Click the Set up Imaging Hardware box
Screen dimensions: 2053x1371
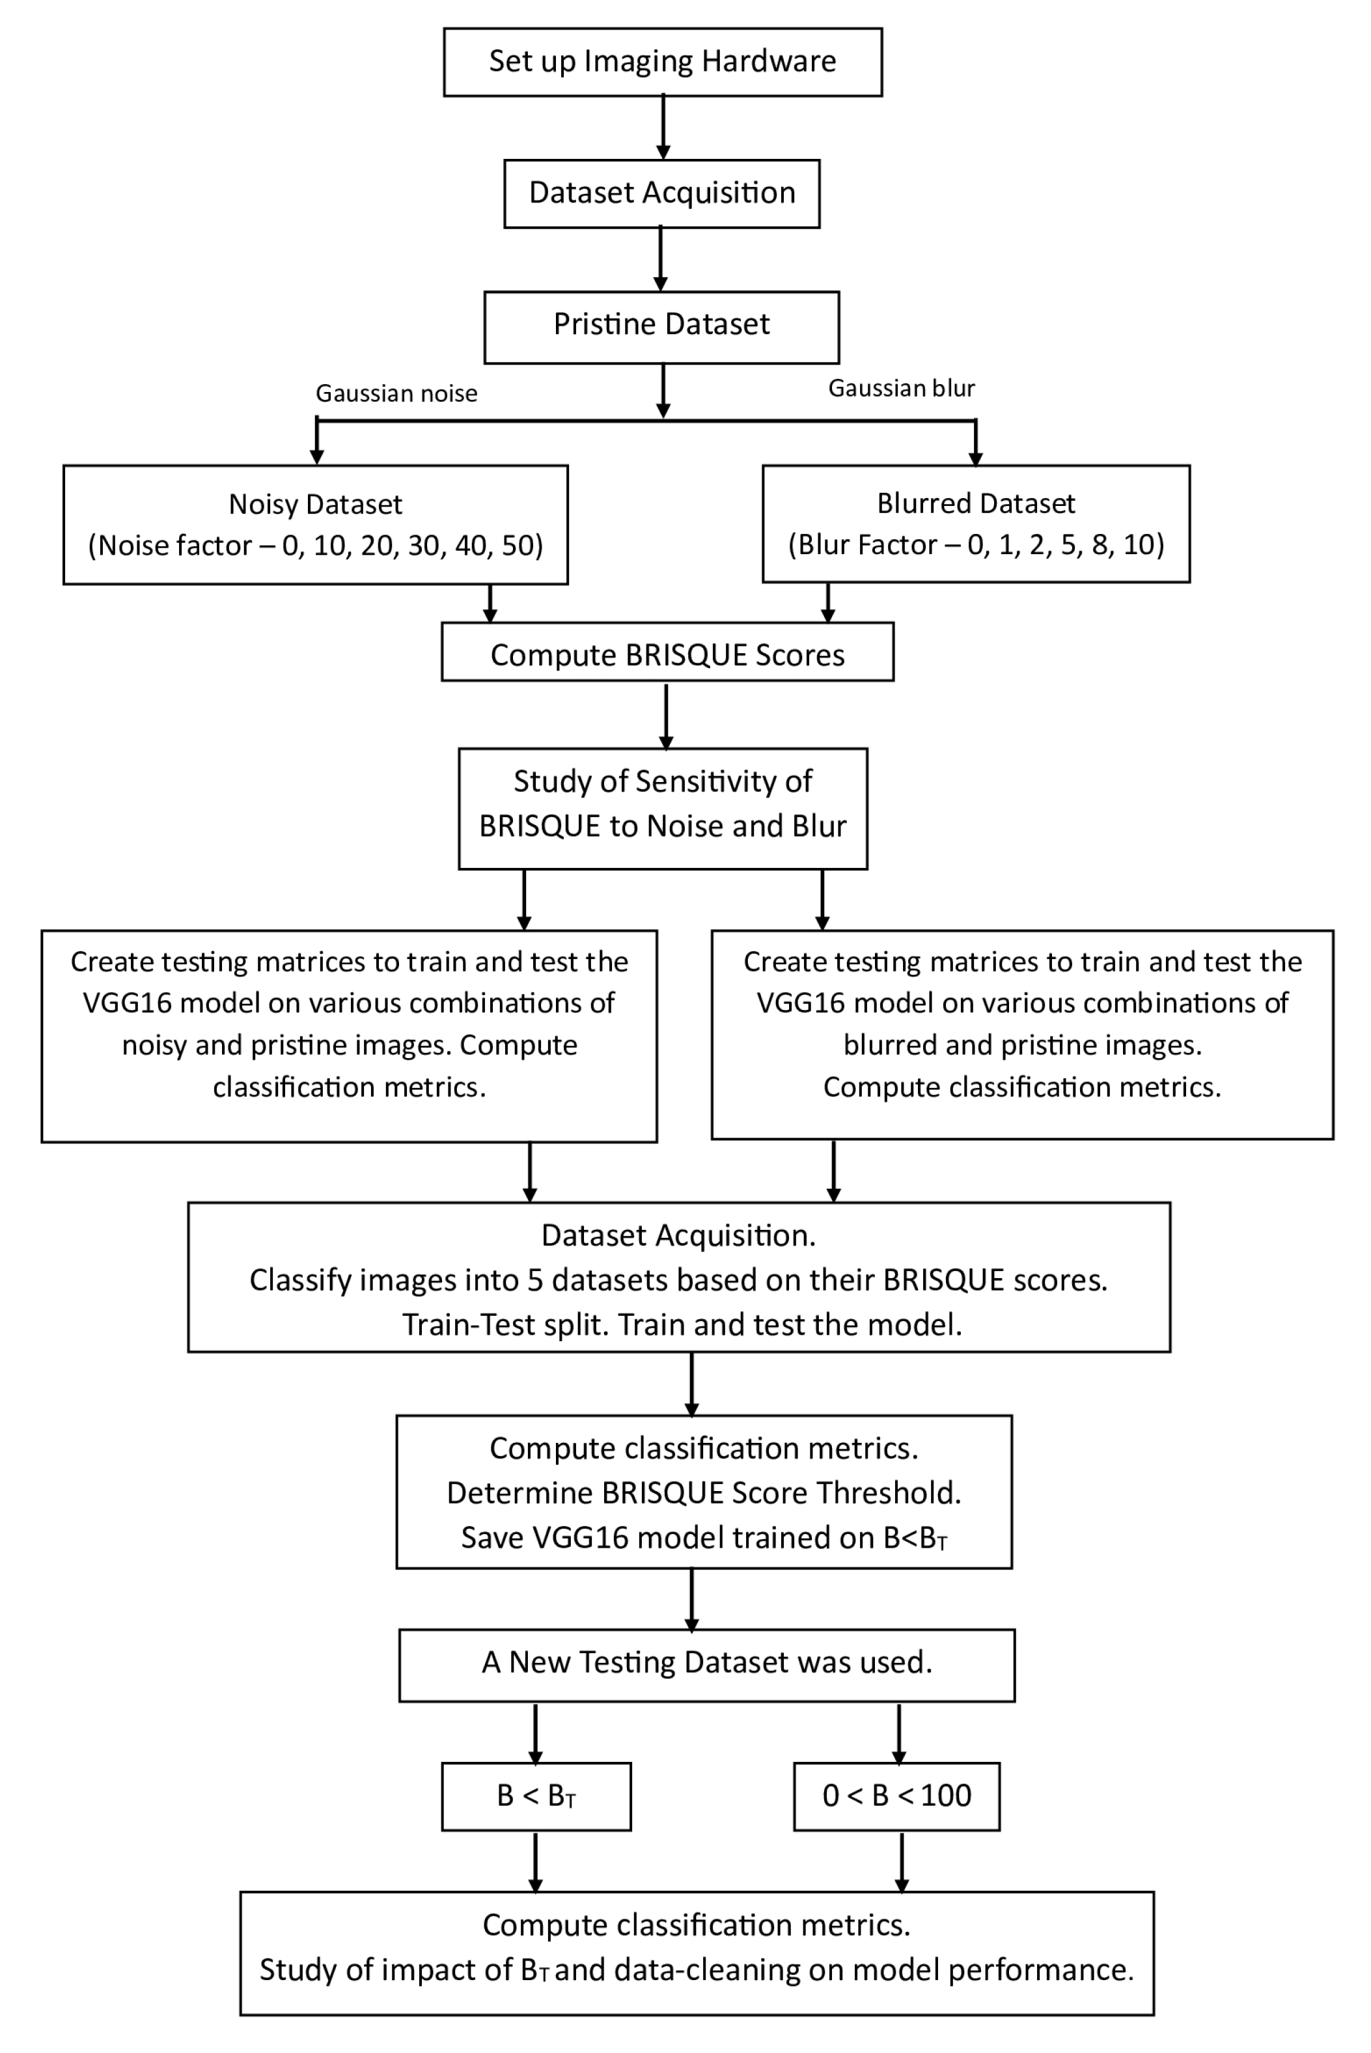pyautogui.click(x=662, y=61)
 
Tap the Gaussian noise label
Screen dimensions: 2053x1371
pyautogui.click(x=396, y=393)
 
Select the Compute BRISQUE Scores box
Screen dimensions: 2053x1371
pyautogui.click(x=667, y=655)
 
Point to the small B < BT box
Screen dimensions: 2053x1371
pyautogui.click(x=535, y=1796)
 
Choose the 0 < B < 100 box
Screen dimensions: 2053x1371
pyautogui.click(x=896, y=1796)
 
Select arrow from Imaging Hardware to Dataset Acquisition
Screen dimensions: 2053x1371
pyautogui.click(x=663, y=127)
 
